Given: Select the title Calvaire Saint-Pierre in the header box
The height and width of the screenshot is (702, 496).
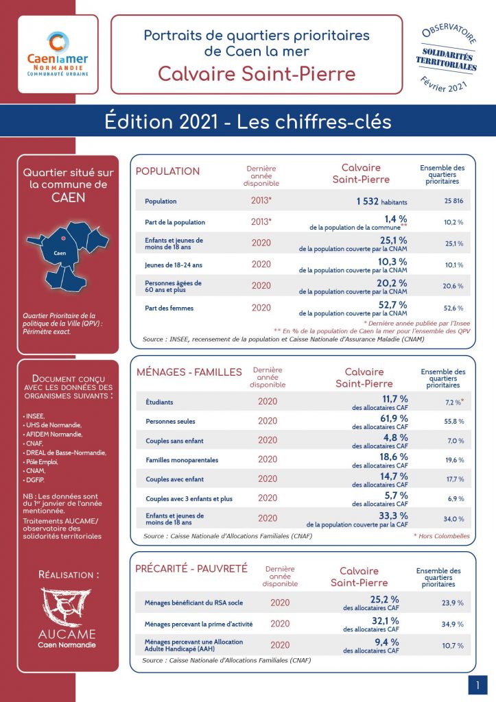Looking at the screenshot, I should point(257,73).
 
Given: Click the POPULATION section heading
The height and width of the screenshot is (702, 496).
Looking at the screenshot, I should point(168,171).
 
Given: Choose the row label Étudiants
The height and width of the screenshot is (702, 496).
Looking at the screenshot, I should point(159,402).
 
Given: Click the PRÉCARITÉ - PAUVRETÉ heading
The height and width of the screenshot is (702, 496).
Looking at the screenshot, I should point(191,568).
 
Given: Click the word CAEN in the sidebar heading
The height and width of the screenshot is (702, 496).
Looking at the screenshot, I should point(69,198).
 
